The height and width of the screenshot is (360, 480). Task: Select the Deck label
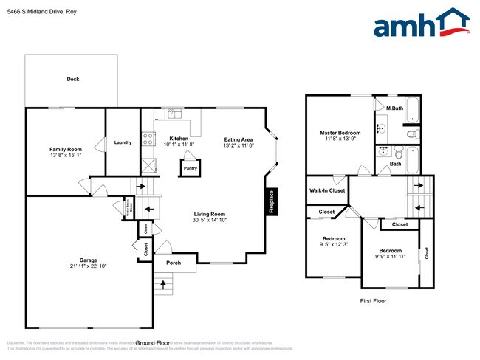72,79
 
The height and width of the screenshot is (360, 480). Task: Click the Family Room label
65,149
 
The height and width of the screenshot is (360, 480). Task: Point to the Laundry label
123,142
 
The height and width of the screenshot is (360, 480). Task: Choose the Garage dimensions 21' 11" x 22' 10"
89,266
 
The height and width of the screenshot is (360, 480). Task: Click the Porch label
174,263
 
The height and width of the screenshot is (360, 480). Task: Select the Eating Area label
239,139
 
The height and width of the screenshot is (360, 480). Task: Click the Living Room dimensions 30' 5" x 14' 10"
209,220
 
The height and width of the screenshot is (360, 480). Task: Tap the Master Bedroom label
340,133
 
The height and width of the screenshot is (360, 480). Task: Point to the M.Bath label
394,108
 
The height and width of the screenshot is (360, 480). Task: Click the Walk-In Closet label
326,190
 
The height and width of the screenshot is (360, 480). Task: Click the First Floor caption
373,301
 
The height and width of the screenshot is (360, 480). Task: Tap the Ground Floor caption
154,343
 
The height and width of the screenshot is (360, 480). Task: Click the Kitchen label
179,139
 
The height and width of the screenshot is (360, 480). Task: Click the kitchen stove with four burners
148,137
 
